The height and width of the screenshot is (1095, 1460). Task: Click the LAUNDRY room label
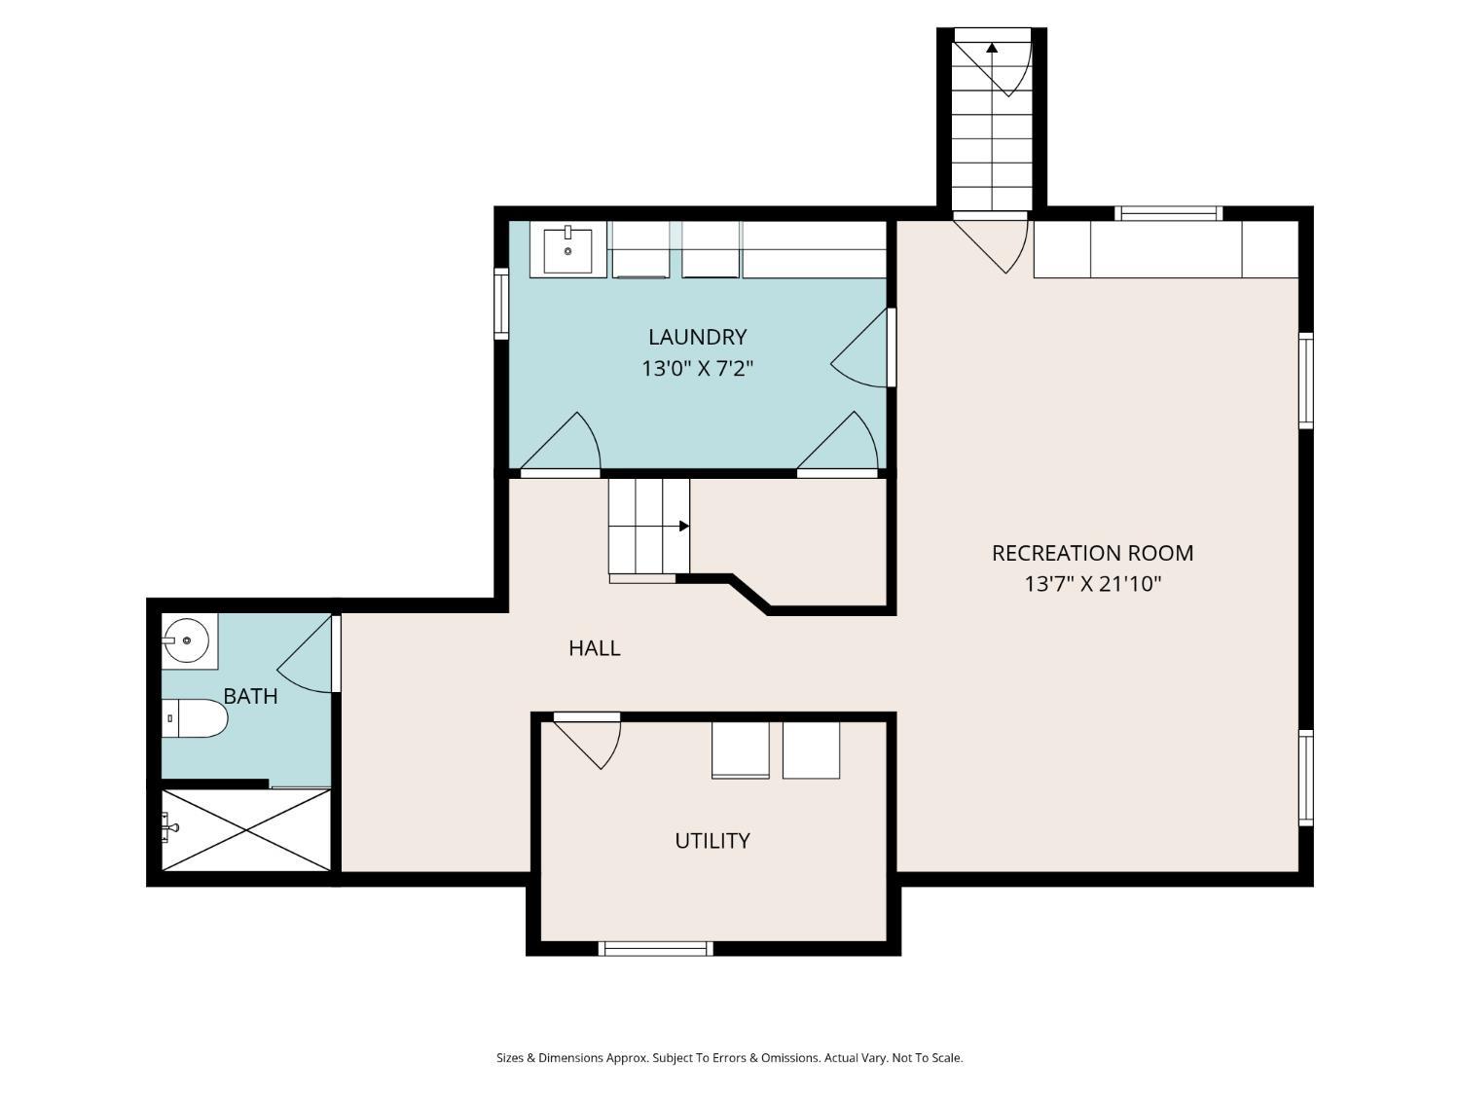click(697, 337)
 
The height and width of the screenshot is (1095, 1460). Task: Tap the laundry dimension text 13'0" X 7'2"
click(697, 368)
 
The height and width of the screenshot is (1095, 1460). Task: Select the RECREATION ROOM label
click(1092, 553)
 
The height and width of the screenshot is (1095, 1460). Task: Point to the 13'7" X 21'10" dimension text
click(1092, 584)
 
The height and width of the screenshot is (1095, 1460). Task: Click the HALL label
click(595, 648)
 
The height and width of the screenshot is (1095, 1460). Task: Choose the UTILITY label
click(712, 841)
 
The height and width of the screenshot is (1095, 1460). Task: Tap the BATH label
click(250, 696)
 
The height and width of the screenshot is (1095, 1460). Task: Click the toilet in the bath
click(195, 718)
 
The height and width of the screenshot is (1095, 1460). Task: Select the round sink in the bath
click(187, 640)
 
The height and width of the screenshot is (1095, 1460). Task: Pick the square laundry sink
click(567, 251)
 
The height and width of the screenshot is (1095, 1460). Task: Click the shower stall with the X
click(246, 829)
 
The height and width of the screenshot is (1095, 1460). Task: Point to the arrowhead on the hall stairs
click(684, 526)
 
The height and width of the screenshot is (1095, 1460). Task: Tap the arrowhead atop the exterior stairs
click(992, 47)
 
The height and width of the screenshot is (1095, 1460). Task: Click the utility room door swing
click(588, 743)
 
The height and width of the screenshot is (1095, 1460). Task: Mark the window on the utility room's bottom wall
click(655, 948)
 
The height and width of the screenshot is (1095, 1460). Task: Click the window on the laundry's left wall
click(501, 304)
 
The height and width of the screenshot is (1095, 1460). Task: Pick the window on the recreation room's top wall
click(1169, 213)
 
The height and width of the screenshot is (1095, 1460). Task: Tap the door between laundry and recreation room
click(860, 347)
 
